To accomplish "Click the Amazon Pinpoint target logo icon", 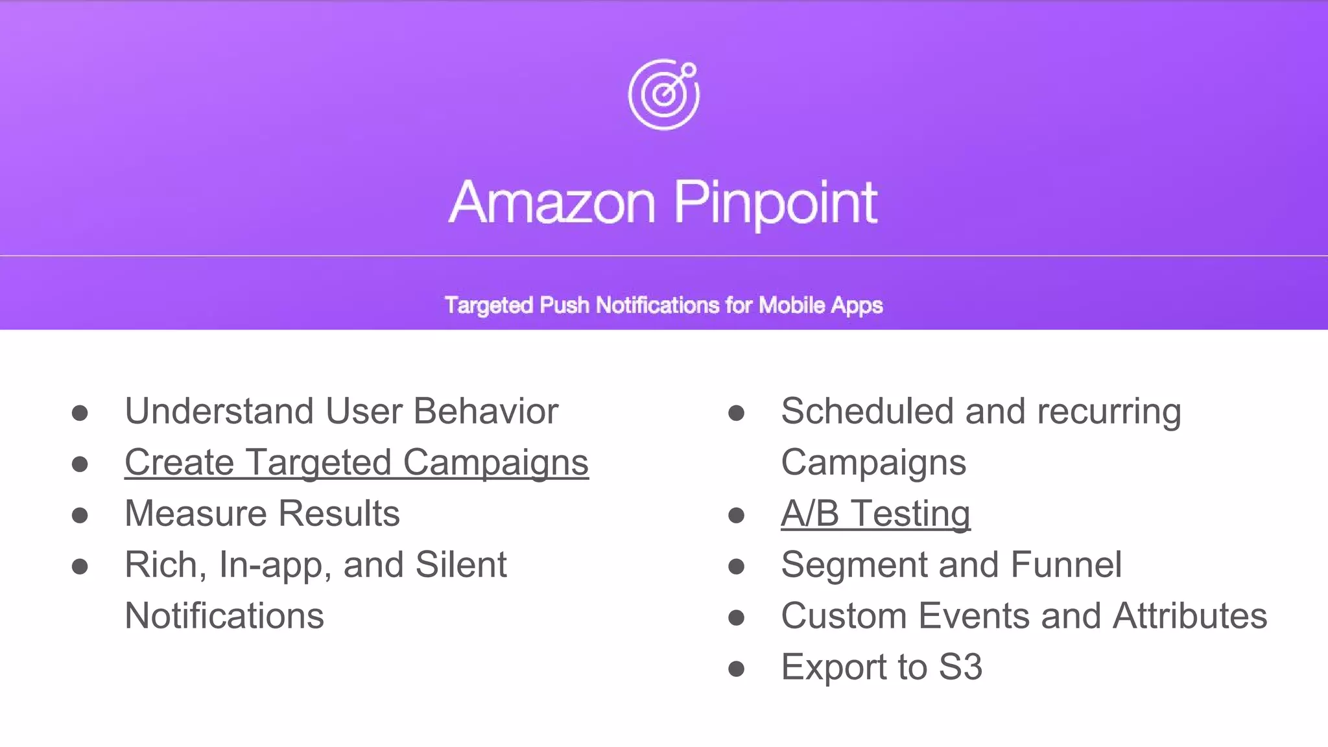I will click(664, 95).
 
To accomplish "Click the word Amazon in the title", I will click(552, 203).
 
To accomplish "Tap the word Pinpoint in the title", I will click(776, 203).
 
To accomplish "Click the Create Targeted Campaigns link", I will click(356, 462).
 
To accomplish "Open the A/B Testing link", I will click(875, 514).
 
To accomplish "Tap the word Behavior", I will click(486, 411).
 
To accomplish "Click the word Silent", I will click(460, 565).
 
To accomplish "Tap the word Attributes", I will click(1190, 616).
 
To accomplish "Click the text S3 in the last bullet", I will click(960, 667).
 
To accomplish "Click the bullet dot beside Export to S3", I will click(736, 669).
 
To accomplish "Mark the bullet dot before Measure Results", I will click(80, 516).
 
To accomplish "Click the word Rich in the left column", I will click(162, 565).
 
